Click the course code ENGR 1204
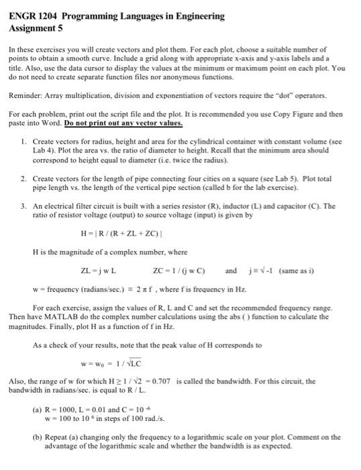[33, 15]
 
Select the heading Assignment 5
[36, 29]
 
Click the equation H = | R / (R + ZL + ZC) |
[120, 234]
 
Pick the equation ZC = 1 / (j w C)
[179, 271]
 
